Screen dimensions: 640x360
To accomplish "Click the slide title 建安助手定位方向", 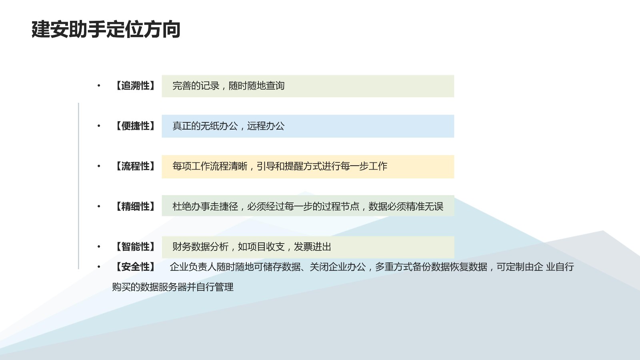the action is tap(106, 29).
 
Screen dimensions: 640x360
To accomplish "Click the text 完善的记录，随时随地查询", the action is tap(228, 86).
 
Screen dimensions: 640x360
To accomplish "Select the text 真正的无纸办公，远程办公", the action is tap(228, 126).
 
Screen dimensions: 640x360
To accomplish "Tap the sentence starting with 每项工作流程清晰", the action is tap(280, 166).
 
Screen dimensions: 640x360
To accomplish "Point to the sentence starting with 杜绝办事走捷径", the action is tap(308, 206).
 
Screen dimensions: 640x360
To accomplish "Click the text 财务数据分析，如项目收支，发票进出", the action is tap(252, 246).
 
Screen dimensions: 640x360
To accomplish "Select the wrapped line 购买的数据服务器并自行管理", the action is tap(173, 287).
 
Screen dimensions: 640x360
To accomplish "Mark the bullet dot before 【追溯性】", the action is tap(99, 86).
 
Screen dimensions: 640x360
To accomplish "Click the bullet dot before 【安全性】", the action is tap(99, 267).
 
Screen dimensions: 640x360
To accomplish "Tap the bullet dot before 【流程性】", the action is tap(99, 166).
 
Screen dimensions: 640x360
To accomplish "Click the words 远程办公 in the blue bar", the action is tap(266, 126).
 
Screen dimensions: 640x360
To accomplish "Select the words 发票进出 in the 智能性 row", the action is tap(312, 246).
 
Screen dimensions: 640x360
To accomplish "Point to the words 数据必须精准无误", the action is tap(406, 206).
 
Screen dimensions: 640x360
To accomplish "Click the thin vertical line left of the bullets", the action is tap(78, 186).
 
